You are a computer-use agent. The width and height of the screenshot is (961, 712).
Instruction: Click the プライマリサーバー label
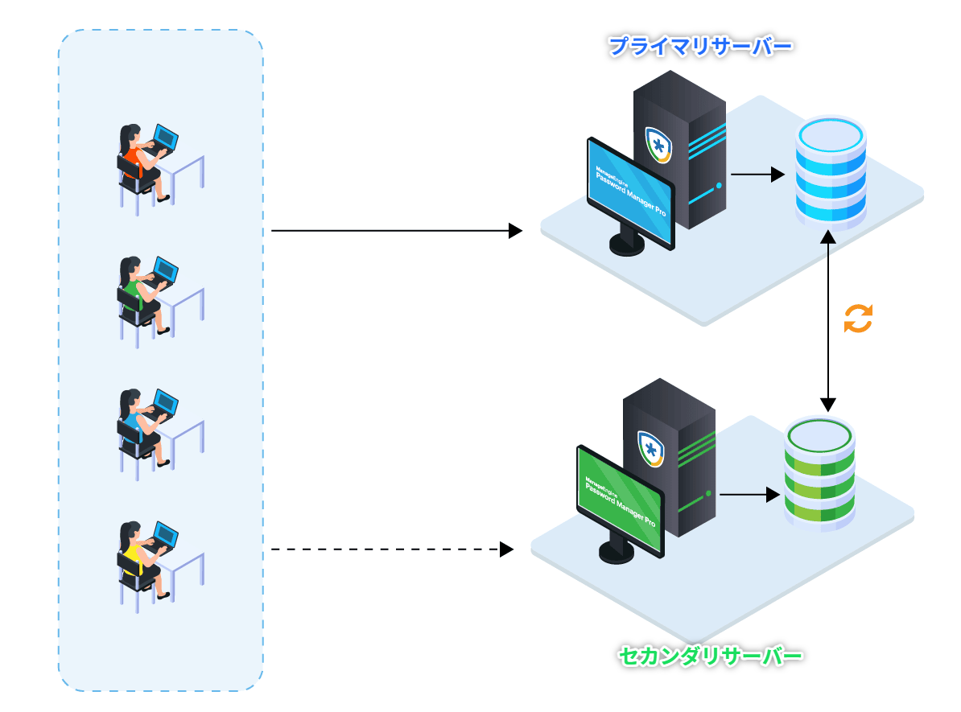700,46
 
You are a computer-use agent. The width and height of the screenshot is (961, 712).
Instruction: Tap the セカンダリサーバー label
711,656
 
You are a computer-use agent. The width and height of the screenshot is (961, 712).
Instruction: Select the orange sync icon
858,319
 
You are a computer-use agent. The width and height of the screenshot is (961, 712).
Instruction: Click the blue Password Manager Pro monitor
630,194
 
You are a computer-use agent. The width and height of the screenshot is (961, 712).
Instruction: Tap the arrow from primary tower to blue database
757,174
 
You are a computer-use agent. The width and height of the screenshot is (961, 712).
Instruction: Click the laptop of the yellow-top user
165,535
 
